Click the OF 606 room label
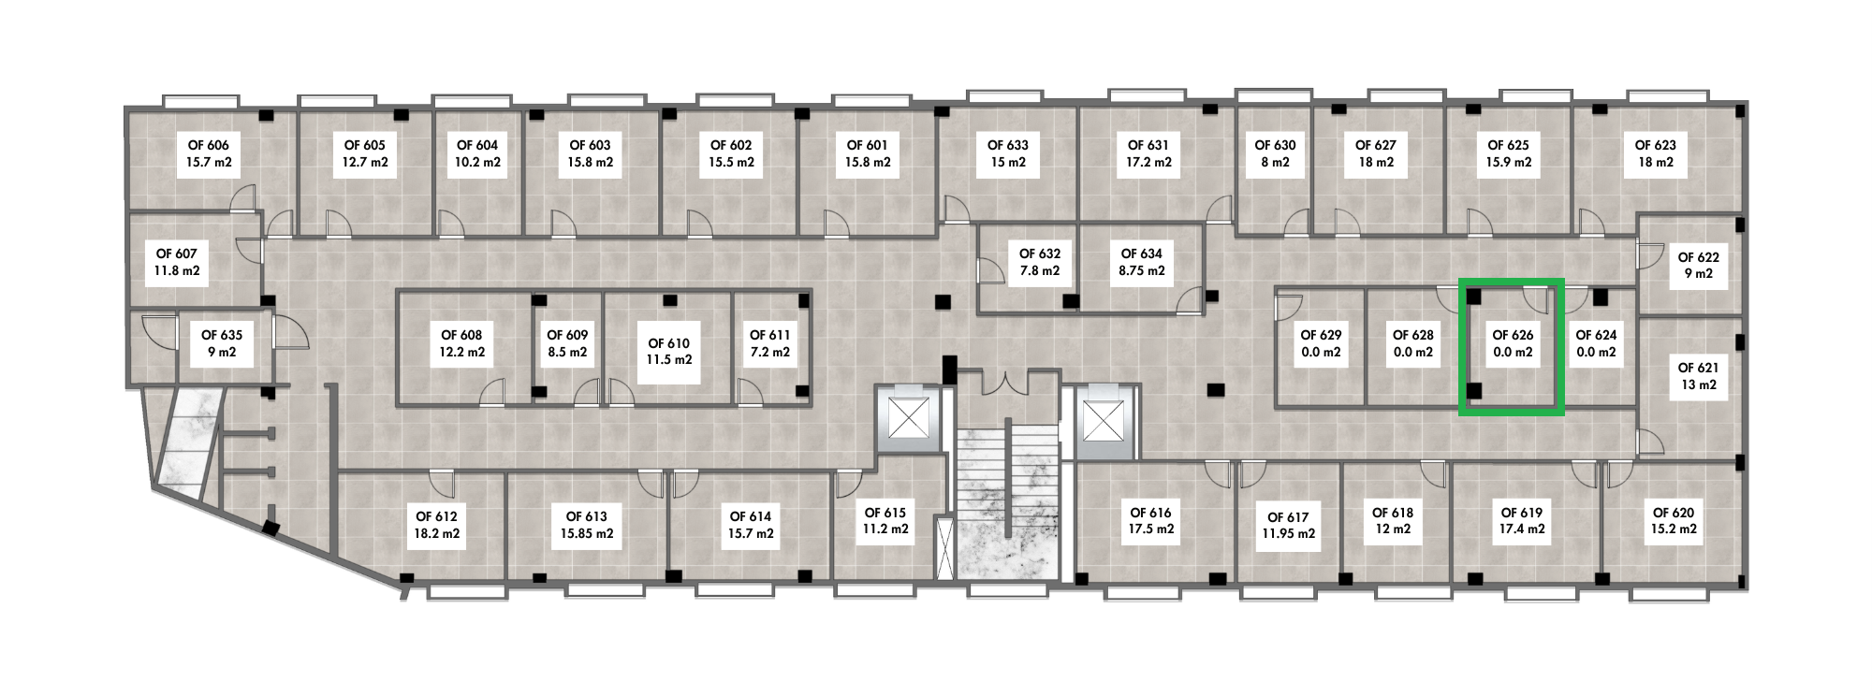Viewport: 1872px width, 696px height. point(209,145)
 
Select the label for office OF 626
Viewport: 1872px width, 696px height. point(1513,335)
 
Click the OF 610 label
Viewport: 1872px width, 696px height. point(669,343)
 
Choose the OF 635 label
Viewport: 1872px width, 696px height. point(222,335)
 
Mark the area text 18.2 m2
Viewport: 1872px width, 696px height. point(437,534)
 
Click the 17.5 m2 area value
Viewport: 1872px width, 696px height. point(1151,529)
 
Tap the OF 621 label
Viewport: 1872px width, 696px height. point(1699,368)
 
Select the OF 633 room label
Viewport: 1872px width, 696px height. point(1008,145)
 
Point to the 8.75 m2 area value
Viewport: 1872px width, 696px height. point(1142,270)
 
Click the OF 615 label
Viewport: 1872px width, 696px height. point(885,513)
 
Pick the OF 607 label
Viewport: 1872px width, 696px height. point(177,254)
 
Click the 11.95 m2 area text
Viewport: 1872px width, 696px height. point(1288,534)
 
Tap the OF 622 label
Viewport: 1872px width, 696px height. point(1699,257)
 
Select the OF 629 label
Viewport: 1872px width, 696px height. point(1321,335)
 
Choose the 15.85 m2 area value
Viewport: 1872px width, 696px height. point(587,534)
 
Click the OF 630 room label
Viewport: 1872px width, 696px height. point(1275,145)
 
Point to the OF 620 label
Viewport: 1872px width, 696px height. point(1674,513)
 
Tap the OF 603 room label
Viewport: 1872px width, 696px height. point(591,145)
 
